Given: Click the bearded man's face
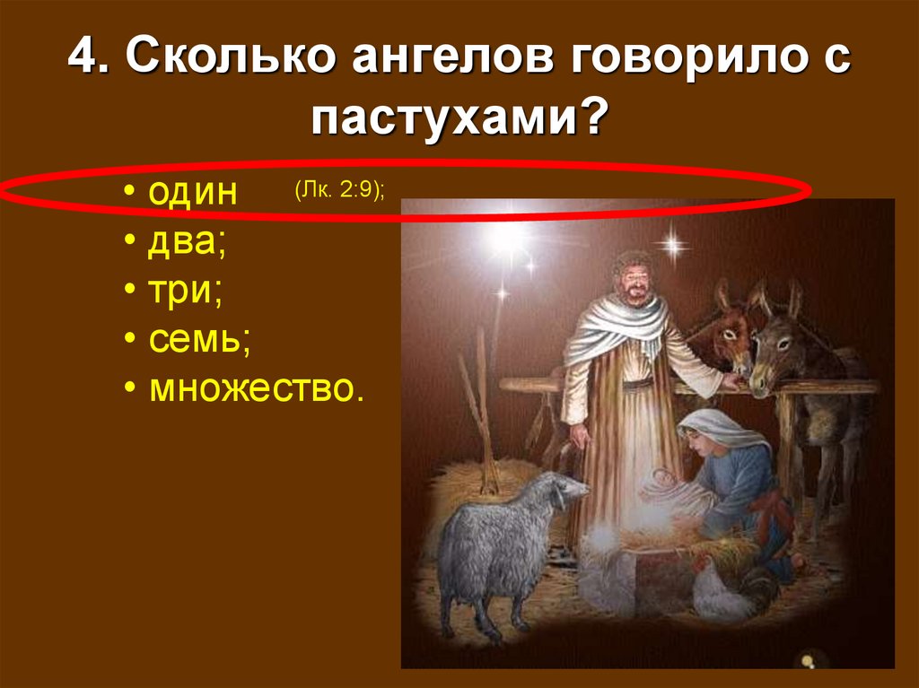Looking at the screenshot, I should tap(635, 281).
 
